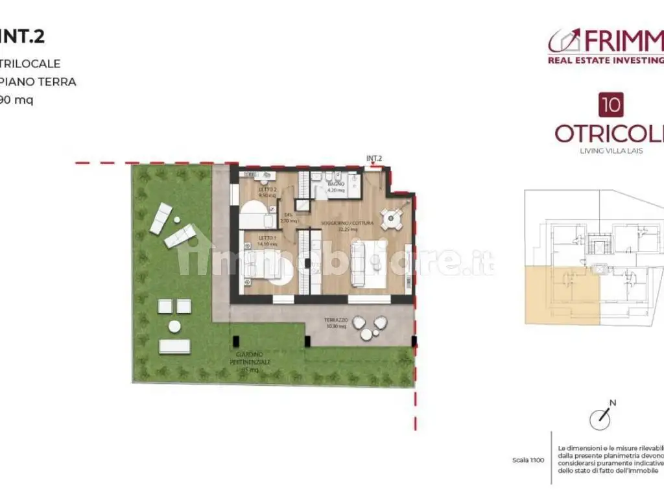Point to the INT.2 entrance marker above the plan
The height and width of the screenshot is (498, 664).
coord(374,158)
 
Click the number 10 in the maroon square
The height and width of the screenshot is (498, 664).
coord(609,105)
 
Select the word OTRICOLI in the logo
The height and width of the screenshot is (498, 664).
coord(610,133)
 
